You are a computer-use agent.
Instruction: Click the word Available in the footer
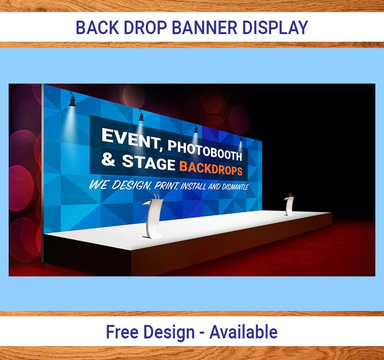pos(243,332)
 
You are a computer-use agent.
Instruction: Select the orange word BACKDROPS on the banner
pos(211,168)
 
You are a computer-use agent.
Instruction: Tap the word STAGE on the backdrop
pos(149,162)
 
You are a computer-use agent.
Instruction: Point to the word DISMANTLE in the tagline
pos(235,187)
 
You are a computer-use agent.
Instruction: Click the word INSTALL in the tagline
pos(193,186)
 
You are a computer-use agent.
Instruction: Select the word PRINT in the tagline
pos(166,186)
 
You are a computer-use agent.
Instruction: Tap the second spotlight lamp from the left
pos(141,116)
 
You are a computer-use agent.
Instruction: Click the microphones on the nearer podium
pos(156,195)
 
